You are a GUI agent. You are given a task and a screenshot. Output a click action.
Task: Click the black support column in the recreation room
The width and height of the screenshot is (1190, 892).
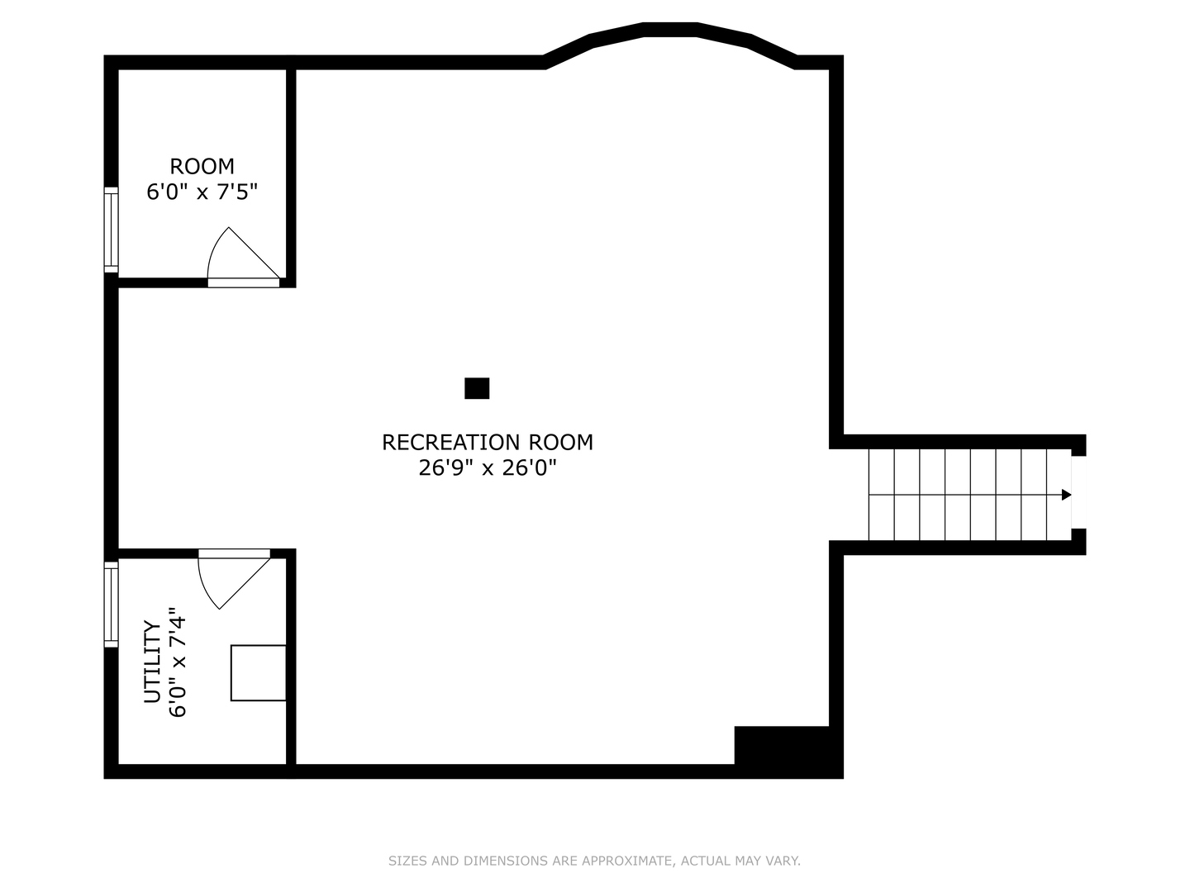click(477, 388)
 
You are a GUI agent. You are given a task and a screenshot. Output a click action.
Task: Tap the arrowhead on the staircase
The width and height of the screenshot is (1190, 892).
click(1066, 495)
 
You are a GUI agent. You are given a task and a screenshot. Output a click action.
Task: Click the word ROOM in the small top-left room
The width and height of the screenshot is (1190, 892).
click(202, 166)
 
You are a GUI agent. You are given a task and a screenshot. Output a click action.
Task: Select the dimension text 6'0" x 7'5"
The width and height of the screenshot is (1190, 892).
click(202, 192)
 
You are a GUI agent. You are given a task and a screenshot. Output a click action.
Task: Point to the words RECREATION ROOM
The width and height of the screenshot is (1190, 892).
click(487, 443)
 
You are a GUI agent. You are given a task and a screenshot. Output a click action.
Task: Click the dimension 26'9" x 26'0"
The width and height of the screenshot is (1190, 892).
click(487, 468)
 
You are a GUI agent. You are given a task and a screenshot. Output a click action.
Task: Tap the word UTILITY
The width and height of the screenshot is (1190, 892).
click(152, 662)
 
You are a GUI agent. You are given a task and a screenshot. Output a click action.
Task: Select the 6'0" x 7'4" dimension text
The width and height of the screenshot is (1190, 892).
click(178, 662)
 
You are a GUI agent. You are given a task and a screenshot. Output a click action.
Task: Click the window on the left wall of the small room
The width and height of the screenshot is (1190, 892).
click(111, 230)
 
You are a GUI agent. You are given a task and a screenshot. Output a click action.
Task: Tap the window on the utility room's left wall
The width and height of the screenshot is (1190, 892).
click(111, 604)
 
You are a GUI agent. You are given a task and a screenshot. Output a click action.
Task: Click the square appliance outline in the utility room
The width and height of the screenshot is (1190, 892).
click(258, 672)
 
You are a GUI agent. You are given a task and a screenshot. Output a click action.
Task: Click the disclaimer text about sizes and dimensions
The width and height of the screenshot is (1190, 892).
click(594, 861)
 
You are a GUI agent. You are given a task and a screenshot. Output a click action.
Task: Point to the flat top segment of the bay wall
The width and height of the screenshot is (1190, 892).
click(670, 30)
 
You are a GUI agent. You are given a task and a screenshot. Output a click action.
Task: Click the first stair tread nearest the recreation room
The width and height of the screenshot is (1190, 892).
click(881, 495)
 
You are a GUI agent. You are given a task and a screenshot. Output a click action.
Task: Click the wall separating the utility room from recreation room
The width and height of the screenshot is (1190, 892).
click(291, 661)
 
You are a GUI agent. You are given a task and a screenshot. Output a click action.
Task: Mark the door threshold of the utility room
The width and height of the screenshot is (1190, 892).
click(235, 553)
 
